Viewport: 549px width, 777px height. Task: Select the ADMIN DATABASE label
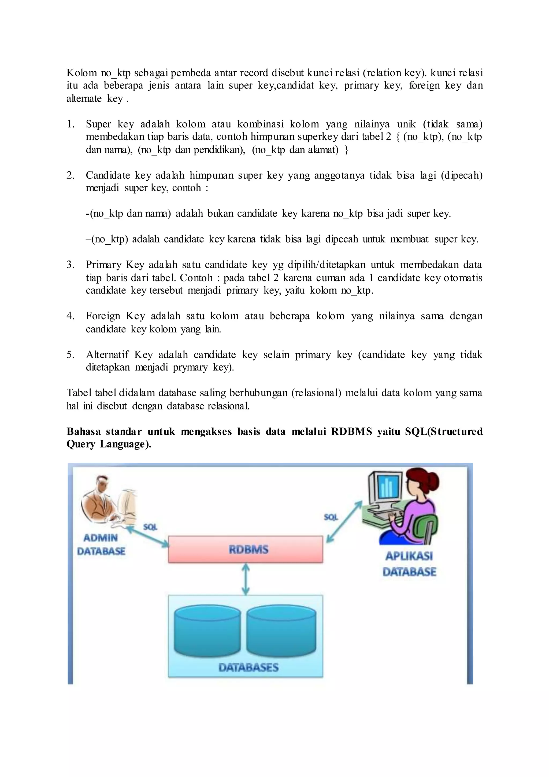pyautogui.click(x=101, y=544)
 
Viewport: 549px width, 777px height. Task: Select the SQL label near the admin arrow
pyautogui.click(x=150, y=527)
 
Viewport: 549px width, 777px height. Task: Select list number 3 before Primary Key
pyautogui.click(x=70, y=265)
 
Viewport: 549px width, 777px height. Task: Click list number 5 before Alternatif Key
pyautogui.click(x=70, y=355)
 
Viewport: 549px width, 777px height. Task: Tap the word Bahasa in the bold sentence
pyautogui.click(x=83, y=431)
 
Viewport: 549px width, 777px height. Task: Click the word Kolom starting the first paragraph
pyautogui.click(x=81, y=73)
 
